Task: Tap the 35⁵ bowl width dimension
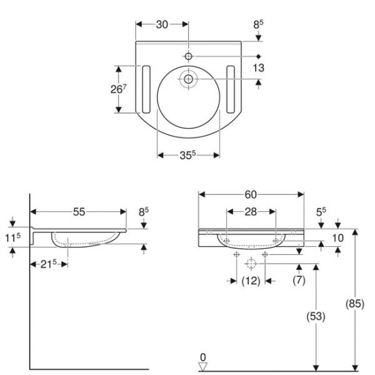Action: point(188,155)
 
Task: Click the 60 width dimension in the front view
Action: point(252,194)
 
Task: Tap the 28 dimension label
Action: point(250,212)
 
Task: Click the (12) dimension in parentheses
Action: point(250,280)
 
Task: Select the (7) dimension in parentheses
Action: point(298,280)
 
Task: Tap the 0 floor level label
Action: point(202,357)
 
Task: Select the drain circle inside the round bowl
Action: point(188,80)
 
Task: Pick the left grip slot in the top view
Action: point(145,89)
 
